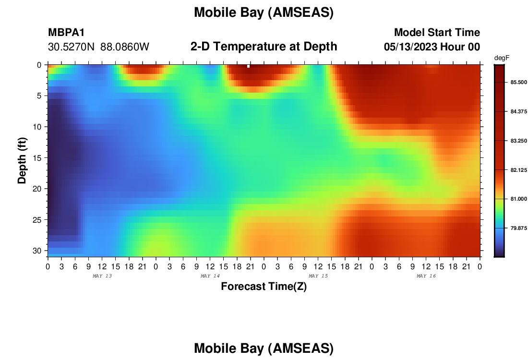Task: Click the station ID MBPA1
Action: [x=66, y=32]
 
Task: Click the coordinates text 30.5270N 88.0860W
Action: [x=98, y=47]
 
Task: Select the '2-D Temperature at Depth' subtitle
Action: [x=264, y=47]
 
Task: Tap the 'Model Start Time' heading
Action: [x=437, y=32]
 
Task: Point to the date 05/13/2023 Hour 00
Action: [x=432, y=47]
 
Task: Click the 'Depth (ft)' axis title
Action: [x=22, y=160]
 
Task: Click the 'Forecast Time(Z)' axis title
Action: [x=264, y=286]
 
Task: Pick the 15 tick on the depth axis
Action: [x=37, y=157]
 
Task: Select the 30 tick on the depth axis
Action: [x=37, y=251]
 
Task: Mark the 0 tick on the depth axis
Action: [x=39, y=65]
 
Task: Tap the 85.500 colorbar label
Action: [x=518, y=83]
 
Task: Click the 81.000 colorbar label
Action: [x=518, y=199]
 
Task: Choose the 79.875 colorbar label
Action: [x=518, y=228]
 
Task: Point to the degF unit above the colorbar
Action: [x=502, y=58]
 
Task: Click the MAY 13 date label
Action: [x=102, y=276]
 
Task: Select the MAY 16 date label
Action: [x=426, y=276]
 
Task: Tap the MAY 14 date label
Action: [x=210, y=276]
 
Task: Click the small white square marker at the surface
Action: [x=249, y=66]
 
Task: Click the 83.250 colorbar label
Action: [x=518, y=141]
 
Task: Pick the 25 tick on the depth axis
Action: [x=37, y=219]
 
